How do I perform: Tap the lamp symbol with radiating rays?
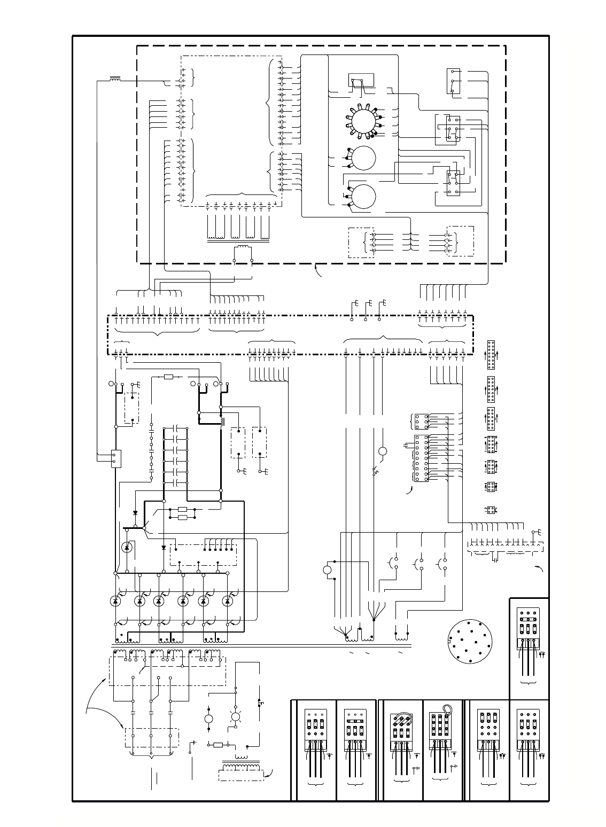coord(235,717)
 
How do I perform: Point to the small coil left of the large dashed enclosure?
coord(114,80)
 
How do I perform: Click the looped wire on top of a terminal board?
coord(446,710)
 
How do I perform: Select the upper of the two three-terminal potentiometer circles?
coord(362,158)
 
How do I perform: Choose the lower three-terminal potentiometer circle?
coord(362,196)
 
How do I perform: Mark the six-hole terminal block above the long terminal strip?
coord(421,421)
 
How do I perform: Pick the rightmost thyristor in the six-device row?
coord(228,600)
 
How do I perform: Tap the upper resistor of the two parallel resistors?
coord(182,509)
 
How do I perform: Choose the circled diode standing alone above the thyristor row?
coord(127,547)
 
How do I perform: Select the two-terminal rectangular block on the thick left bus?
coord(116,458)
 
